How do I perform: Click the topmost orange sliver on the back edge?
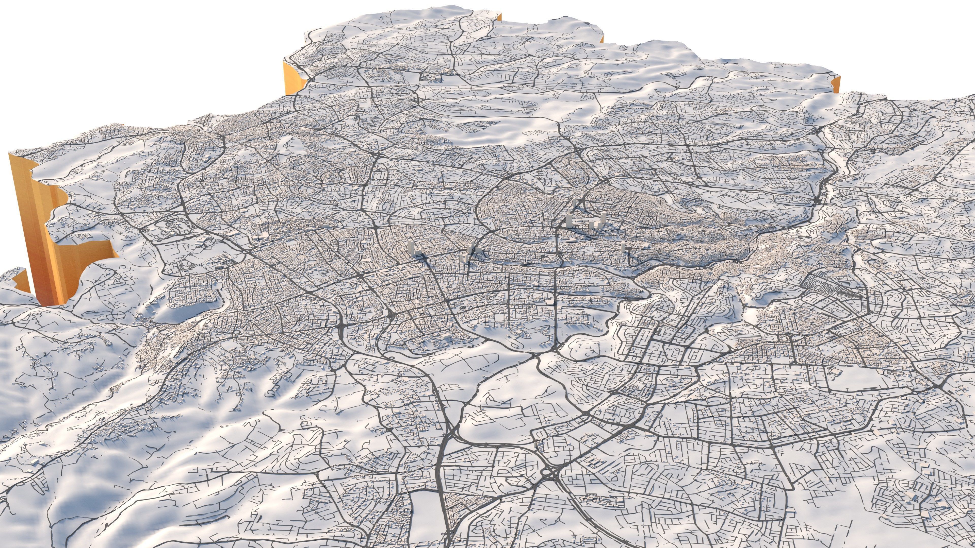tap(500, 17)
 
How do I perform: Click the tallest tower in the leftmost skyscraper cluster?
tap(411, 248)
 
